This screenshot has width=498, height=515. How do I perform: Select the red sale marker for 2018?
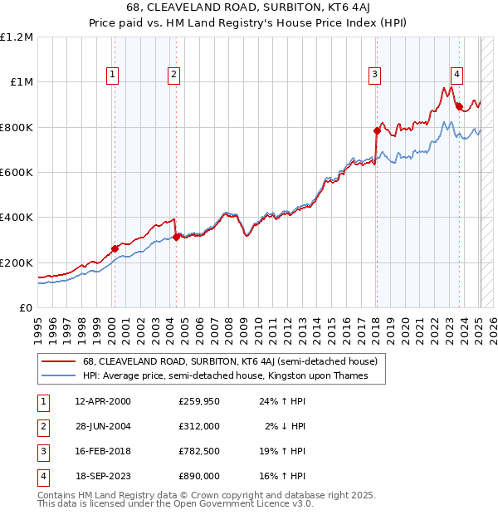377,131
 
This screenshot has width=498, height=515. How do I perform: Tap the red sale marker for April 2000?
115,248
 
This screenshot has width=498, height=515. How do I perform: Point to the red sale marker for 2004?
176,237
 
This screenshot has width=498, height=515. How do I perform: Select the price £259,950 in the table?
199,401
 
